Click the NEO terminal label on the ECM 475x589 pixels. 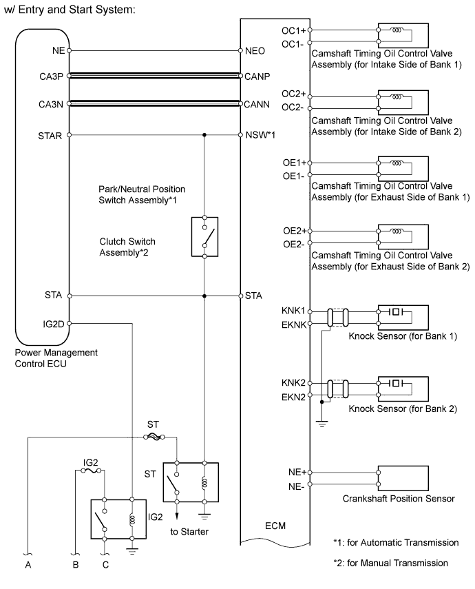[x=255, y=51]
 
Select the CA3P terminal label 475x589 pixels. [x=52, y=76]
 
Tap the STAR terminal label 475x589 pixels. [x=50, y=136]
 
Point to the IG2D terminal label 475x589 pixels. [x=53, y=324]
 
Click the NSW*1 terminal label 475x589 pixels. [x=260, y=135]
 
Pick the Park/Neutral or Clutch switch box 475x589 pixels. [x=204, y=237]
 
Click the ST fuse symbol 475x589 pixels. [x=154, y=437]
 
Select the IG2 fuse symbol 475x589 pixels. [x=91, y=471]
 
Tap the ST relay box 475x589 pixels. [x=191, y=482]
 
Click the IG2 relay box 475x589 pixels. [x=118, y=519]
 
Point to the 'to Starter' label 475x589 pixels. [x=189, y=532]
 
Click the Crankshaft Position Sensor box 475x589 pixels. [x=403, y=478]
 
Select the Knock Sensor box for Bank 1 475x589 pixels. [x=403, y=318]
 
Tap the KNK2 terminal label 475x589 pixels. [x=293, y=383]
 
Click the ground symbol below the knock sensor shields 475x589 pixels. [x=321, y=424]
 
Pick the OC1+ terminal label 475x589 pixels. [x=294, y=30]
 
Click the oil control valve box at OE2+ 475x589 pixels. [x=403, y=237]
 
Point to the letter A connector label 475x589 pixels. [x=28, y=565]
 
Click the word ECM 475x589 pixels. [x=275, y=526]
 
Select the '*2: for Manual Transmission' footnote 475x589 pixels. [x=390, y=563]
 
